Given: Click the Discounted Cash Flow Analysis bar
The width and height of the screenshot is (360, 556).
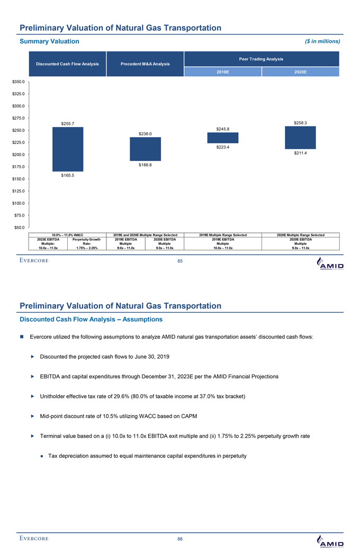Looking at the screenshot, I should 68,149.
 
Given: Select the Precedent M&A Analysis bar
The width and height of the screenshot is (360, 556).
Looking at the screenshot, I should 146,149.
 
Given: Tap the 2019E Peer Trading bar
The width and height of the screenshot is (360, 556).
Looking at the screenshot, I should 223,138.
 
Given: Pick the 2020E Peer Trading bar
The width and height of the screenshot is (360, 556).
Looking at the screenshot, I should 300,138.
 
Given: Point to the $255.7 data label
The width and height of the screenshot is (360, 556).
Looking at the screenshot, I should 68,124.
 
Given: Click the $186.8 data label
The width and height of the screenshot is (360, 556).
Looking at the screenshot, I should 146,165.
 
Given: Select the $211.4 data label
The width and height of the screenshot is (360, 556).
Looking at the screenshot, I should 301,153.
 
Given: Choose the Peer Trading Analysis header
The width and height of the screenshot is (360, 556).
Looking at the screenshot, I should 262,59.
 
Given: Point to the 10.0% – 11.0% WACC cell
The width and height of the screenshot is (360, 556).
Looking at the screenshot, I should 68,235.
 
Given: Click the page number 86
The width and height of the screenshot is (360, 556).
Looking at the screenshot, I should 180,539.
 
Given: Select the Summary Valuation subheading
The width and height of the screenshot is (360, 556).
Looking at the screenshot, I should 49,41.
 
